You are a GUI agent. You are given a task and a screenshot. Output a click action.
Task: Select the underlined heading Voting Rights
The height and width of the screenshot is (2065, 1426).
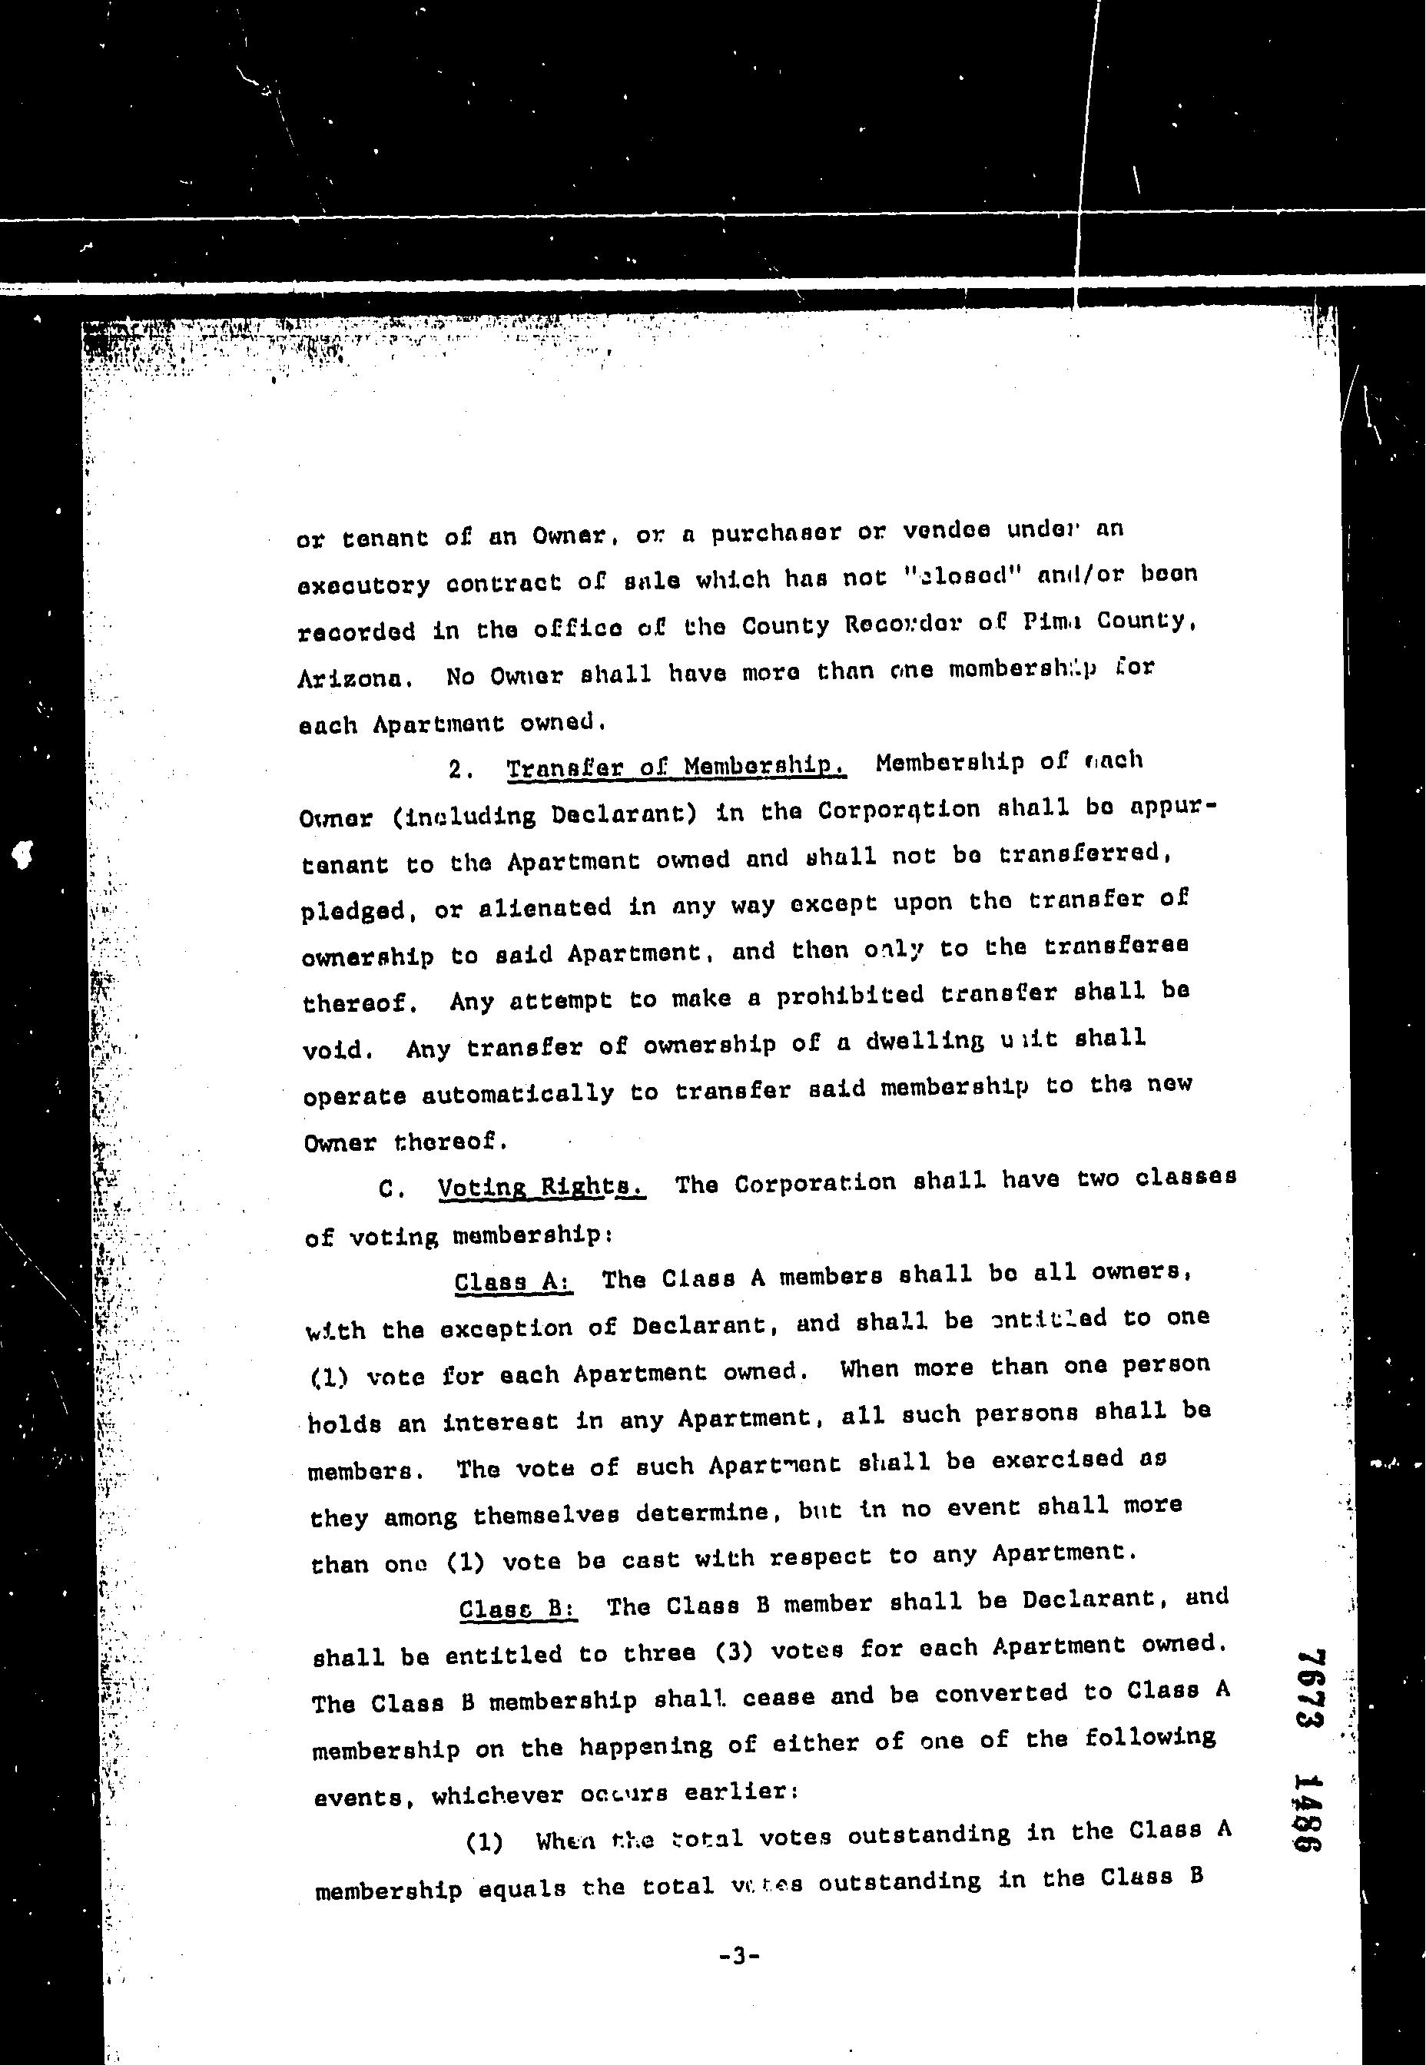[541, 1187]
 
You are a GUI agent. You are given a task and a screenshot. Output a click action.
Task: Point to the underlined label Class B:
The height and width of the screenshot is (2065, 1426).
[517, 1609]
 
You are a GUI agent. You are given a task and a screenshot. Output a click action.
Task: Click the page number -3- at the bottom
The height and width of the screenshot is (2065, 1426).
[739, 1955]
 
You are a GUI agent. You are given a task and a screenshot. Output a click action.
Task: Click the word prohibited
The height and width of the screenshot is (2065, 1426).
[850, 995]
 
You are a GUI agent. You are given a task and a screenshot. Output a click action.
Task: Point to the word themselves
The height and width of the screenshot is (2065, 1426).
[546, 1516]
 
